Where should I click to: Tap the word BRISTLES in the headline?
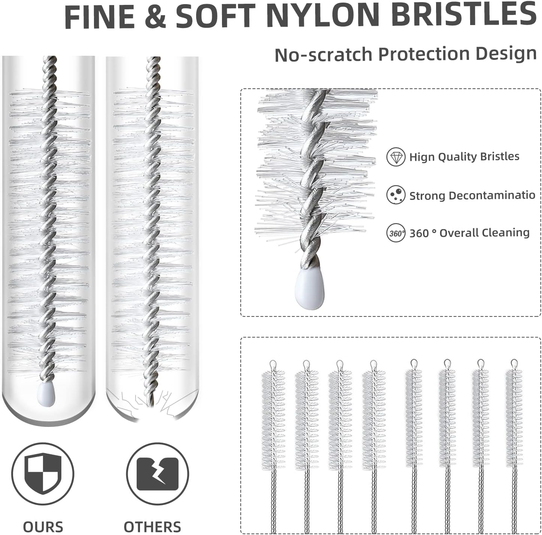464,15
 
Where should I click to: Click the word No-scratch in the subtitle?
324,54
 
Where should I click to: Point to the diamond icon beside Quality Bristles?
396,157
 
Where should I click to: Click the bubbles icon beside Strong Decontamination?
396,195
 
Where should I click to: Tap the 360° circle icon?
396,233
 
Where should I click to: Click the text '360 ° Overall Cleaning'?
469,233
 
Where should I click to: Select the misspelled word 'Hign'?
422,157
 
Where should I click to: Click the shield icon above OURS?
42,474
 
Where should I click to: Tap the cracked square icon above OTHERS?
157,474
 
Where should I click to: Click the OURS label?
43,527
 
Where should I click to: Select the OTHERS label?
152,527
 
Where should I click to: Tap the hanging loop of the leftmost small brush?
273,364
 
